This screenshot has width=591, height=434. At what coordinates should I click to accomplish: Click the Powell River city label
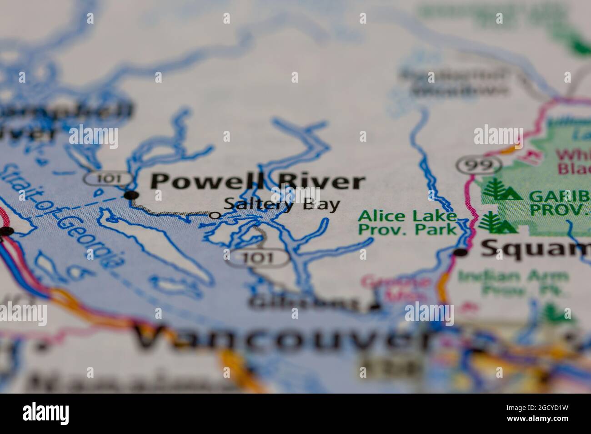(257, 182)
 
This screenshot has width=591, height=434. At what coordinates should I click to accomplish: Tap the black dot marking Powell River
(131, 195)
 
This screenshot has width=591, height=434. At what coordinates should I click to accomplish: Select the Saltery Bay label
(282, 205)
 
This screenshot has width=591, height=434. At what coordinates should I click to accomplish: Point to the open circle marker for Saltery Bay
(215, 215)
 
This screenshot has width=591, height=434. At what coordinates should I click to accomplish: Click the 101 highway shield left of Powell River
(108, 178)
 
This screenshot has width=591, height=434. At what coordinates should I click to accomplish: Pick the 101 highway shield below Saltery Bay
(258, 258)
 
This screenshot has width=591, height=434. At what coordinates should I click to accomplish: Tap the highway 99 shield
(479, 165)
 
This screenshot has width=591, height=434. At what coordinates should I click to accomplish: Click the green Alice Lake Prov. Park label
(407, 222)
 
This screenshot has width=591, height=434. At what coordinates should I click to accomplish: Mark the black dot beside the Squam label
(461, 253)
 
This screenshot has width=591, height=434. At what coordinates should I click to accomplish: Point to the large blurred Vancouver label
(282, 338)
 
